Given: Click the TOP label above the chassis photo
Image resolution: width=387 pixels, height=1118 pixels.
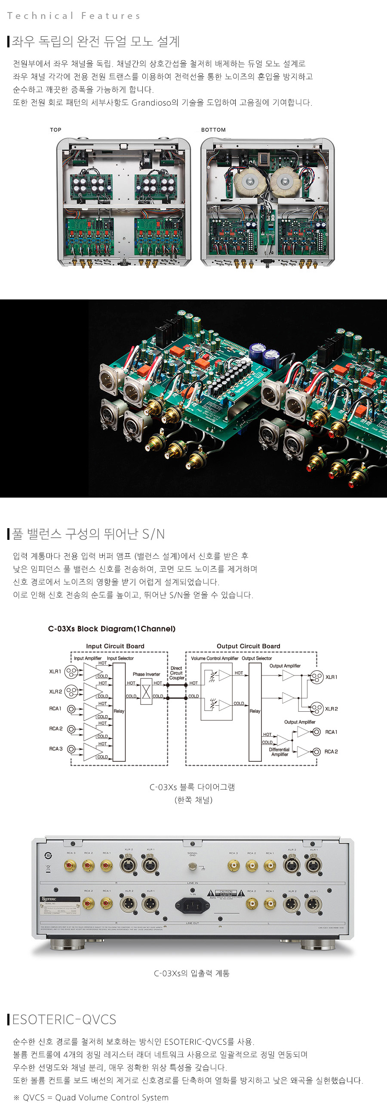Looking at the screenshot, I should tap(55, 130).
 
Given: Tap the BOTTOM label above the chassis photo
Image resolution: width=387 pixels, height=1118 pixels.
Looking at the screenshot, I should tap(213, 130).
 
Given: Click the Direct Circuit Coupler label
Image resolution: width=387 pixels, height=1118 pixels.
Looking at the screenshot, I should tap(176, 673).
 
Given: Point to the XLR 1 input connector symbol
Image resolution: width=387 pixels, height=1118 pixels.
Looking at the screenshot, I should tap(71, 672).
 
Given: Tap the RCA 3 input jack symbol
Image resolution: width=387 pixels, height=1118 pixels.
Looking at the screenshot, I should tap(71, 749).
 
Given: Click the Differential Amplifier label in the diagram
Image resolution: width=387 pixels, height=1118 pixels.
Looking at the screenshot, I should tap(279, 752).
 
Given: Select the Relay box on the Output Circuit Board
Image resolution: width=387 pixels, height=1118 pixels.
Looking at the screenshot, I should tap(255, 712).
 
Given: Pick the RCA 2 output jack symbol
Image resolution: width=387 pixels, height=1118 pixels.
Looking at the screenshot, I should tap(317, 752).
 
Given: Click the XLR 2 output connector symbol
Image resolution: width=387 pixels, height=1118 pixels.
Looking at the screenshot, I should tap(317, 709).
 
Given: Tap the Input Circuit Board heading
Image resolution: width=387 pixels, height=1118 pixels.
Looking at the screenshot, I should tap(115, 646).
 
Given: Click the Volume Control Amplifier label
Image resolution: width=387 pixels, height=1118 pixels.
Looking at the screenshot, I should tap(215, 658).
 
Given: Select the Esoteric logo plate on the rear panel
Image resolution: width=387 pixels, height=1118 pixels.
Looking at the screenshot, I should tap(49, 899).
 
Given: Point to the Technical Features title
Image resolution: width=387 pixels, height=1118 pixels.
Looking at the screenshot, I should tap(74, 16).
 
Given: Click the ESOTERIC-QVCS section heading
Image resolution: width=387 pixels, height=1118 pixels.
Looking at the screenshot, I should tap(64, 1019).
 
